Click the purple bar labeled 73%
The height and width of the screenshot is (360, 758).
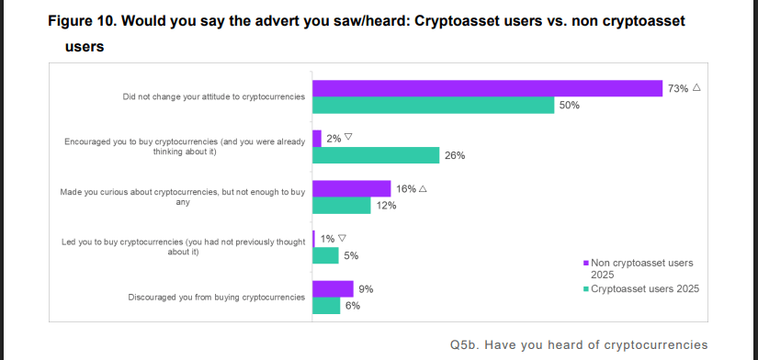coord(487,88)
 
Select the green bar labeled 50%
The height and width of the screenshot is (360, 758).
coord(433,105)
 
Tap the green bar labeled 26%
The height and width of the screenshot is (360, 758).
coord(375,154)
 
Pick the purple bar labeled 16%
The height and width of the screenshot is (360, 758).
coord(351,188)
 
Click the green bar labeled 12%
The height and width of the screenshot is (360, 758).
coord(341,205)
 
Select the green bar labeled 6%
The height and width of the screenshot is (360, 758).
coord(326,305)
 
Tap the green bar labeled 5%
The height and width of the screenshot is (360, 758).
coord(324,255)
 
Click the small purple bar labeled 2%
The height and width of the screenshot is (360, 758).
coord(317,138)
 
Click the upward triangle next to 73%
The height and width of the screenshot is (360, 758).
coord(696,88)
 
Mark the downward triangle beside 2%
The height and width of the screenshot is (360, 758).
coord(348,138)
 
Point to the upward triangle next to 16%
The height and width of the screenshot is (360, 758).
coord(423,188)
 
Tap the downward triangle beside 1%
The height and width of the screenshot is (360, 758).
coord(343,238)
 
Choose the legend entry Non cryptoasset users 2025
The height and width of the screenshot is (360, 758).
coord(641,268)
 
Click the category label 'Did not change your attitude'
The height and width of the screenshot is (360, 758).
coord(213,96)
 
